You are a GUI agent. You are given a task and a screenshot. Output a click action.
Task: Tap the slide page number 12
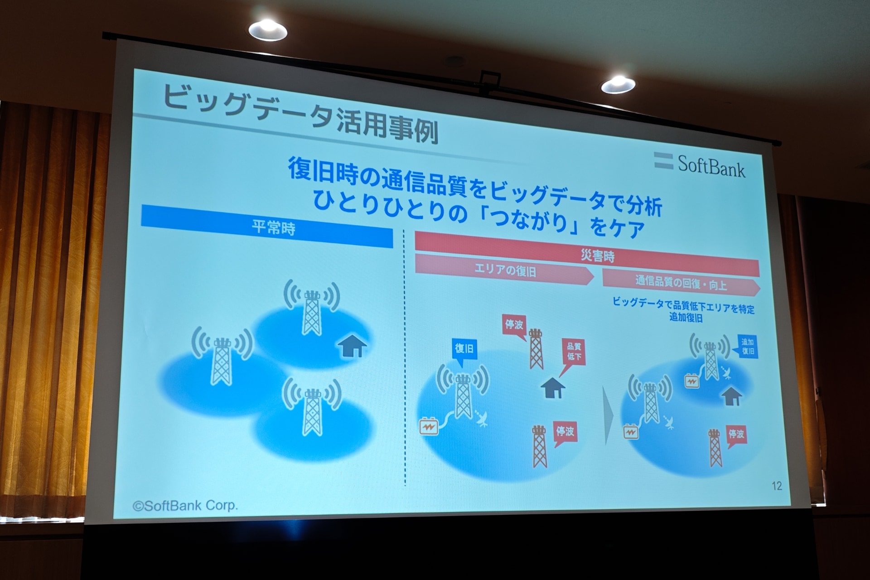777,486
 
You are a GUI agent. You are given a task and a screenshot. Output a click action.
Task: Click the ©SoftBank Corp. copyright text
185,506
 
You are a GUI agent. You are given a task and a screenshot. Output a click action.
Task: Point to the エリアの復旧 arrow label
504,271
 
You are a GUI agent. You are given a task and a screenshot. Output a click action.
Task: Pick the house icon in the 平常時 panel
352,346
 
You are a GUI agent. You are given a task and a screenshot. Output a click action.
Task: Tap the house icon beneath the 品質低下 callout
553,388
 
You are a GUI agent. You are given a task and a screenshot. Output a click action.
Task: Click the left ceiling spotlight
268,30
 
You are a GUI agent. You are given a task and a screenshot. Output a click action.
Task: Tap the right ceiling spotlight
618,85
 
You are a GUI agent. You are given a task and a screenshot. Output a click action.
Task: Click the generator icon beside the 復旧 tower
429,426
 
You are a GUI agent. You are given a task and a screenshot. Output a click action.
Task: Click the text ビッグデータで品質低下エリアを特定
684,305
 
